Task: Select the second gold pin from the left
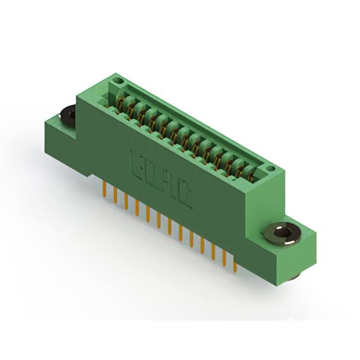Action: coord(115,197)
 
